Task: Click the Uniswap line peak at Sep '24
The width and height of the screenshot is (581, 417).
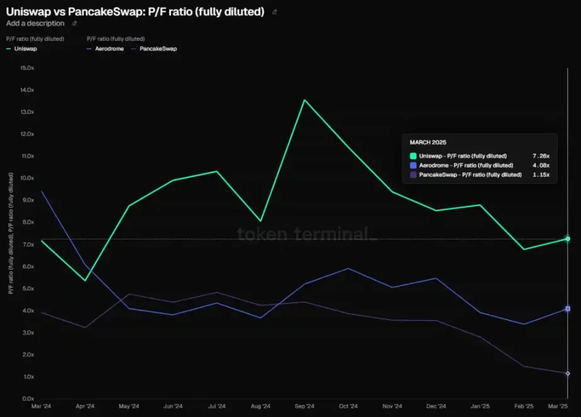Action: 304,100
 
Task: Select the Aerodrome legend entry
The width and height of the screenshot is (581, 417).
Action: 109,49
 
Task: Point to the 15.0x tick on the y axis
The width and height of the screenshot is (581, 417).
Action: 27,67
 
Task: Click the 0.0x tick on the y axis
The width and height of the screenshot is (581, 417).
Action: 27,399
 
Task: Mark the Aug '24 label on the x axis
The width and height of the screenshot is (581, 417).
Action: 260,406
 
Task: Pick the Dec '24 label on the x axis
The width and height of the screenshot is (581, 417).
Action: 435,406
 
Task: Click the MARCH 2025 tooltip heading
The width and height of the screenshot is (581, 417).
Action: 428,142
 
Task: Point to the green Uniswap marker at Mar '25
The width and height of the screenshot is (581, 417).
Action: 568,239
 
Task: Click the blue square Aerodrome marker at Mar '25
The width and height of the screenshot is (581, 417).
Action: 568,309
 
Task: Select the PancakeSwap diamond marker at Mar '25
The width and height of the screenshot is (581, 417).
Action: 568,374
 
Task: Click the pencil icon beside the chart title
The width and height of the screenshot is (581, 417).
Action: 274,11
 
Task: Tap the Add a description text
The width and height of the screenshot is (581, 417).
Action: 35,23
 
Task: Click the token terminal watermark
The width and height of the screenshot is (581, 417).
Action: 306,234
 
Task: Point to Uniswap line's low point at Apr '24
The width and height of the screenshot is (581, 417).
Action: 85,280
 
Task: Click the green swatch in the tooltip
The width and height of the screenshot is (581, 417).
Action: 413,156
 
